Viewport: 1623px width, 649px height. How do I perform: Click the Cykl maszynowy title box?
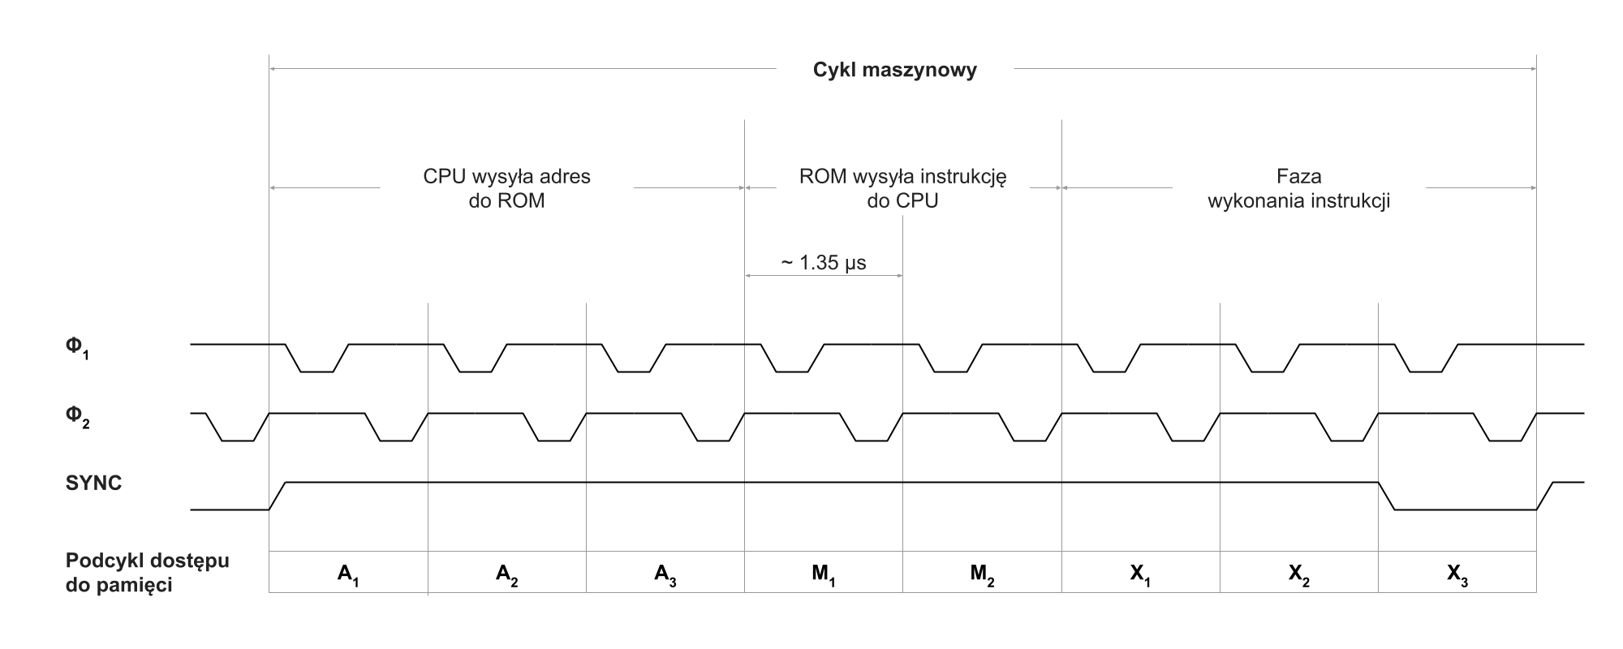[x=894, y=69]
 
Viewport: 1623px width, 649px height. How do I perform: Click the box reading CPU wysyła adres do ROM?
[x=506, y=188]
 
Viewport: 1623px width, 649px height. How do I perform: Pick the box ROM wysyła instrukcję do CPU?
[x=902, y=188]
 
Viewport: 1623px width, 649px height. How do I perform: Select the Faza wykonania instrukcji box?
[x=1298, y=188]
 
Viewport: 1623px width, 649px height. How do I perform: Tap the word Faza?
[x=1298, y=176]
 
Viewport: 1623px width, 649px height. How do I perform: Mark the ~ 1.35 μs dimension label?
[x=824, y=263]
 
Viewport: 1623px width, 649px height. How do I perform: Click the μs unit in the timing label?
[x=855, y=264]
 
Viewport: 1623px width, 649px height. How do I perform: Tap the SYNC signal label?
[x=93, y=484]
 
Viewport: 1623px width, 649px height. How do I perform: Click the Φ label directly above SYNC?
[x=73, y=415]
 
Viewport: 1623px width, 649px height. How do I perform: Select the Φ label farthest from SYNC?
[x=73, y=346]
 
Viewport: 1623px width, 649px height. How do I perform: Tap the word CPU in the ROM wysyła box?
[x=919, y=201]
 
